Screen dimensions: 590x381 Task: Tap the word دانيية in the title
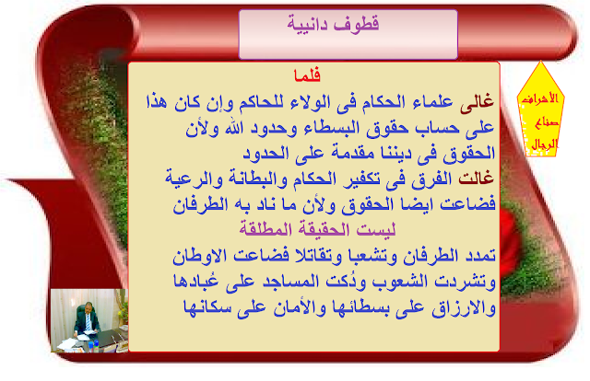click(307, 24)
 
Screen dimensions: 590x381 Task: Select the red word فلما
click(307, 75)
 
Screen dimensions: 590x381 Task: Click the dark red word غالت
click(476, 178)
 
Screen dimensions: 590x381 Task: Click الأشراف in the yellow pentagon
click(539, 98)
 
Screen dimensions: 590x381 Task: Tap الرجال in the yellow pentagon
click(544, 144)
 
